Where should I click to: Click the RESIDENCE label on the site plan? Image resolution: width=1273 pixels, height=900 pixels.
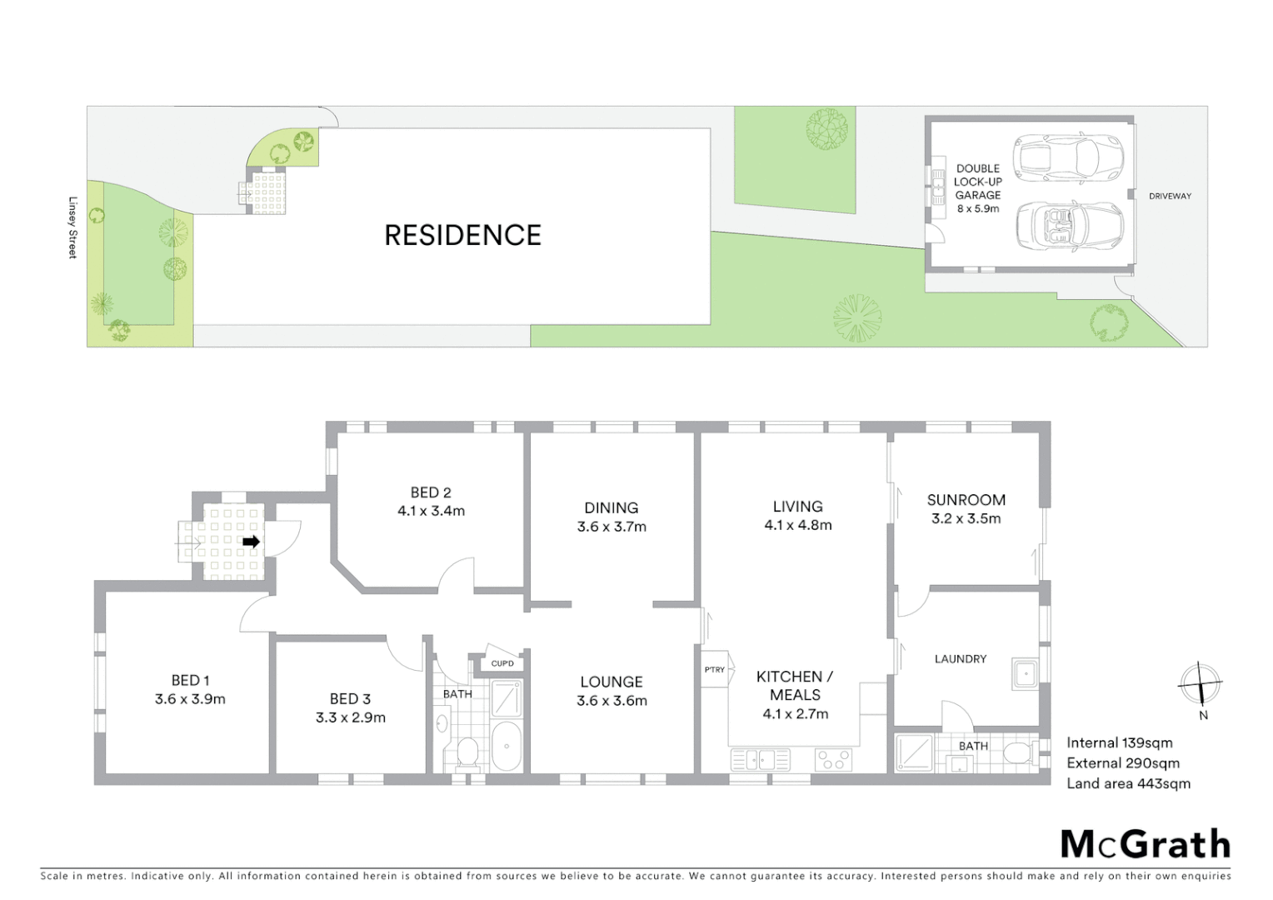462,236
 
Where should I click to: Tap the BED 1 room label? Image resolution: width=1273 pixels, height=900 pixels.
190,681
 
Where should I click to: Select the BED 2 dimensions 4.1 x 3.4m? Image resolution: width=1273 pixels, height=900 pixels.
431,512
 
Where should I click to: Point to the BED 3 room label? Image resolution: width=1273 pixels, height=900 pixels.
350,699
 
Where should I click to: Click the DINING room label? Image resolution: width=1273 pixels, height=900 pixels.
611,507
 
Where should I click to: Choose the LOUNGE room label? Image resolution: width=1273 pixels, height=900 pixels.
611,682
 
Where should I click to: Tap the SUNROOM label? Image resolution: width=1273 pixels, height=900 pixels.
966,500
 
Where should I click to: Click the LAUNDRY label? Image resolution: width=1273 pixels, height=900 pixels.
960,659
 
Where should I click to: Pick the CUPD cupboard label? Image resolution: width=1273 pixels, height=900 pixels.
502,663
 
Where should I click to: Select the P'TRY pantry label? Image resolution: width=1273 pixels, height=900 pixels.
715,670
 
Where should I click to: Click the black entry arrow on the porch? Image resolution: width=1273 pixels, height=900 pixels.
251,542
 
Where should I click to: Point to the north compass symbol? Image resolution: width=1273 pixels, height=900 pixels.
1200,685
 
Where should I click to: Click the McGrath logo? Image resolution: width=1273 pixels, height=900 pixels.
1145,844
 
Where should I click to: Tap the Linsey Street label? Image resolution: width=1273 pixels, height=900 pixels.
72,227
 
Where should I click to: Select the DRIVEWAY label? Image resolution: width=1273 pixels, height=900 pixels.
1170,197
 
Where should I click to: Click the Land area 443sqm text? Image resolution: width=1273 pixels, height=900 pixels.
1128,783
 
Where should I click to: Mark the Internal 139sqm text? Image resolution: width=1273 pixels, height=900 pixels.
1119,742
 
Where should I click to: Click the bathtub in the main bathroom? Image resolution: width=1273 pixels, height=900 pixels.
506,746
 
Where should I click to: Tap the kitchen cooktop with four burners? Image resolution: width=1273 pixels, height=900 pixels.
833,760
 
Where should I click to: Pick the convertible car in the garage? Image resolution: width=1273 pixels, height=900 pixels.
1069,226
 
